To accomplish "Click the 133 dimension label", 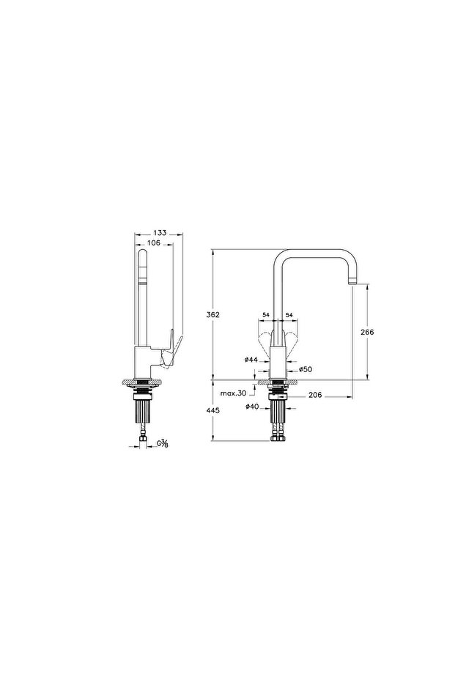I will click(160, 232).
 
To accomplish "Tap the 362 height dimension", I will click(213, 314).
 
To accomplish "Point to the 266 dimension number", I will click(368, 332).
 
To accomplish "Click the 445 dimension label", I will click(213, 412).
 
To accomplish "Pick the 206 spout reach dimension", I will click(315, 396).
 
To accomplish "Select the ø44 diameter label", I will click(250, 360).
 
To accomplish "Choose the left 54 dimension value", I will click(265, 316).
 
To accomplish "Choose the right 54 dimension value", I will click(289, 316).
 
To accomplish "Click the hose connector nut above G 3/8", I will click(144, 441).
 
